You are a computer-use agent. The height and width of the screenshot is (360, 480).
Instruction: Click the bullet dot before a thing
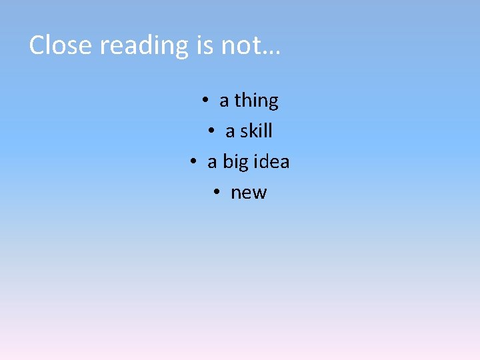coord(205,100)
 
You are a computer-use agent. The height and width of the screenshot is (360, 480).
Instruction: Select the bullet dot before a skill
coord(211,131)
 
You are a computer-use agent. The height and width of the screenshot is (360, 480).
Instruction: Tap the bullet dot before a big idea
coord(193,161)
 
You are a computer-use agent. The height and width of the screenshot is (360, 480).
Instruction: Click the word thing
coord(256,101)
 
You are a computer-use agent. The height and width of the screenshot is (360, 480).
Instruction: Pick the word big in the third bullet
coord(236,163)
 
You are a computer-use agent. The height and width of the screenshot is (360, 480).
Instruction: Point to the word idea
coord(272,161)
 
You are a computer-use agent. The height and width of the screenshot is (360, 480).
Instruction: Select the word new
coord(249,193)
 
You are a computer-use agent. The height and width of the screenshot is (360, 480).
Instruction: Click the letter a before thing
coord(224,101)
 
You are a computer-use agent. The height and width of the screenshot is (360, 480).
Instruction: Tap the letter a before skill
coord(230,131)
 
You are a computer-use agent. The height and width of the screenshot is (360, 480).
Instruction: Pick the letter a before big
coord(213,162)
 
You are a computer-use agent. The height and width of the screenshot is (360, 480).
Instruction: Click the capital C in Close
coord(37,45)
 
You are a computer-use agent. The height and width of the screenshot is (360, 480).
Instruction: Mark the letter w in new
coord(259,193)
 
